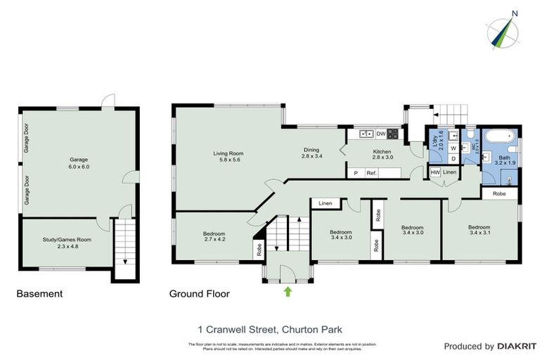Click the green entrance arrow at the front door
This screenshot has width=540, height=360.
(x=287, y=290)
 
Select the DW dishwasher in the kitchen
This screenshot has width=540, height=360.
(x=380, y=134)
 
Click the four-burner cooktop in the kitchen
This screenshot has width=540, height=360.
(x=392, y=134)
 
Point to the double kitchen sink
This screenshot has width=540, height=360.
(x=366, y=134)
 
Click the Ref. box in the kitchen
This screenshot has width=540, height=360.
(x=371, y=173)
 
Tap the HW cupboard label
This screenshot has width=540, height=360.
(x=435, y=172)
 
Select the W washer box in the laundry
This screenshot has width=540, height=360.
(x=454, y=148)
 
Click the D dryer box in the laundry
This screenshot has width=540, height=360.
(x=454, y=158)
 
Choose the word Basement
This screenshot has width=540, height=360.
(x=39, y=294)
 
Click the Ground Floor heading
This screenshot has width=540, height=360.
(x=199, y=294)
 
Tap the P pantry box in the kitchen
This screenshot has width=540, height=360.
(x=356, y=173)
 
